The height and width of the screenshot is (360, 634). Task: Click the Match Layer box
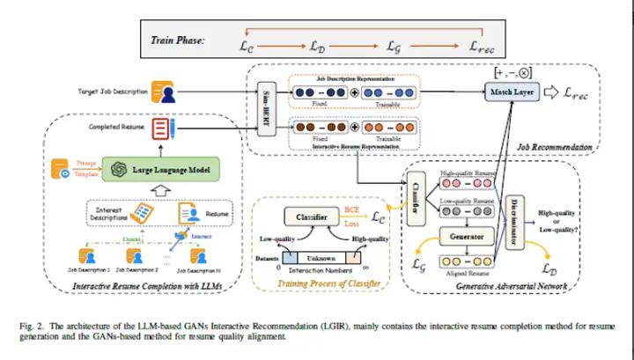514,91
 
